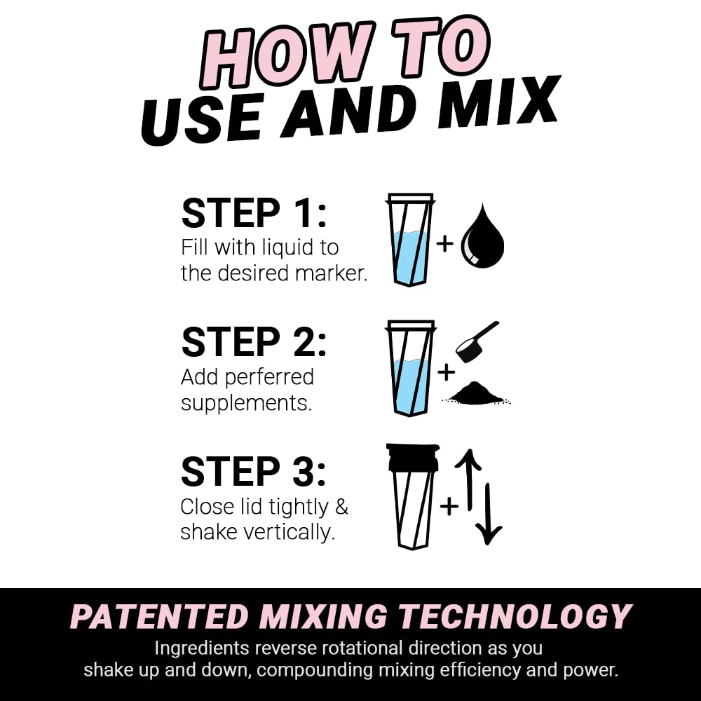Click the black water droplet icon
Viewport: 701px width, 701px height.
[482, 238]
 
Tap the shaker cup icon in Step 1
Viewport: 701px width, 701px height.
[410, 240]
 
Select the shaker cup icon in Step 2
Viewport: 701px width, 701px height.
[410, 368]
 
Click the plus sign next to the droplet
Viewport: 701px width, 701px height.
[445, 243]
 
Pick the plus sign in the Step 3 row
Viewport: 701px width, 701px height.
[449, 505]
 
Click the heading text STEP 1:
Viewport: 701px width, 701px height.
[254, 214]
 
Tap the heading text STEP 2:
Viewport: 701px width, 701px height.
[254, 343]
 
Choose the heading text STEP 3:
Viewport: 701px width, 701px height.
[254, 472]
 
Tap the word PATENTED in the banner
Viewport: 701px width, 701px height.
[159, 617]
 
